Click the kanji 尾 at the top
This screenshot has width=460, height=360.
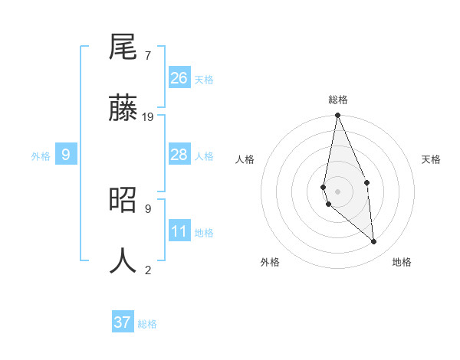pos(123,49)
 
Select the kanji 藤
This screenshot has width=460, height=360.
pos(123,109)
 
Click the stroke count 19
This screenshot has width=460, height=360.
pos(148,117)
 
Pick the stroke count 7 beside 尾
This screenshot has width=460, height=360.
pos(147,56)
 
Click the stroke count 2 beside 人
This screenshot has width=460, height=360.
pos(147,270)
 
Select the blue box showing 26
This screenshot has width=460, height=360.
pos(179,78)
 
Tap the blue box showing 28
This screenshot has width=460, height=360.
pos(179,155)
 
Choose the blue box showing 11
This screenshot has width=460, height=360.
pos(179,231)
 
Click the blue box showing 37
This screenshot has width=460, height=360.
pos(123,322)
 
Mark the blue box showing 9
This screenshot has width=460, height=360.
pos(66,155)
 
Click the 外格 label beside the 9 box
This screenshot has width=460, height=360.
pos(41,156)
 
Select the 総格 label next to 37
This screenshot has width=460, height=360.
pos(147,324)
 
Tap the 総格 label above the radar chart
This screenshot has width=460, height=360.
pos(338,100)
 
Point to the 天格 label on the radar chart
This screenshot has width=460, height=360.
pos(431,159)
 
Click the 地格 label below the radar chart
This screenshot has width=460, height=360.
pos(402,263)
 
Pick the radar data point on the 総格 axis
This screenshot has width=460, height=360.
pos(337,116)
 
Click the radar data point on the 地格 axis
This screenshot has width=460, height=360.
pos(374,242)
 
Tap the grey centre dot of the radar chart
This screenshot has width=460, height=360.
pos(337,191)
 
